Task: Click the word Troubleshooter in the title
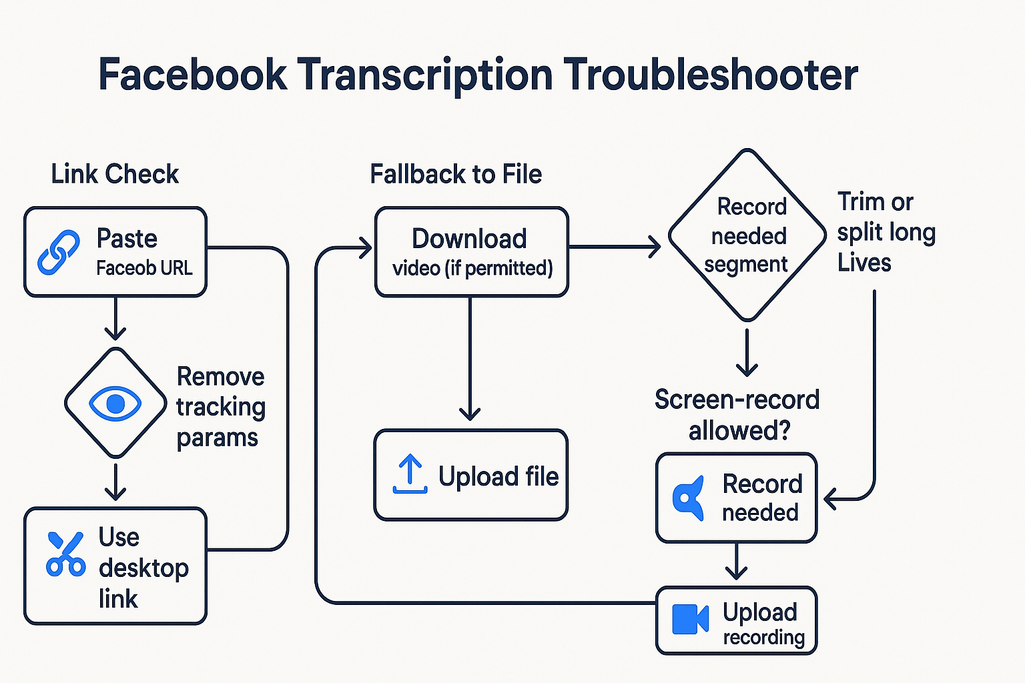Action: (710, 75)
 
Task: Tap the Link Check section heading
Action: (115, 174)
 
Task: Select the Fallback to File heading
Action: (456, 174)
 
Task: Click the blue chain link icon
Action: (59, 252)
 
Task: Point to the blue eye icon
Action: (115, 404)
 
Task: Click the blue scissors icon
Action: (65, 554)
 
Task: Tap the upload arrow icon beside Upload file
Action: (410, 474)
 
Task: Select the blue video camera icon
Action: (690, 619)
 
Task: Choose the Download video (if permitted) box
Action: (471, 252)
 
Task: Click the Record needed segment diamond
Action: (747, 235)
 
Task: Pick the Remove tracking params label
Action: (220, 407)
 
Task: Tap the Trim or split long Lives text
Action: (886, 232)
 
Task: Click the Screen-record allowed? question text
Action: (737, 414)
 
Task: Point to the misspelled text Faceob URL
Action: (144, 268)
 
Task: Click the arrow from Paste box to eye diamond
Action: (115, 319)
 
